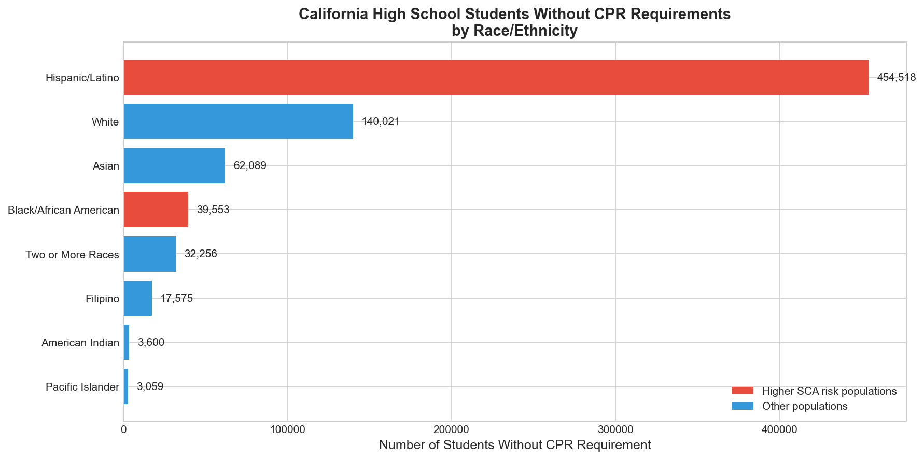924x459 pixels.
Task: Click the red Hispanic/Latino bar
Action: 496,77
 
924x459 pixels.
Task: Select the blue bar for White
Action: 238,121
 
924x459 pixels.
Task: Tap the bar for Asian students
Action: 174,165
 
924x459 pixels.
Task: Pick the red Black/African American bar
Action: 156,210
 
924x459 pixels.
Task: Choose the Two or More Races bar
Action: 150,254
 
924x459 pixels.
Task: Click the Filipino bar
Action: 138,298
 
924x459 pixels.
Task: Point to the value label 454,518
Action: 896,77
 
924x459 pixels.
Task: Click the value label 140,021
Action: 381,121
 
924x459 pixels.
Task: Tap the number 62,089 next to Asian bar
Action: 250,165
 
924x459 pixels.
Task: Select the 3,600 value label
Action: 151,342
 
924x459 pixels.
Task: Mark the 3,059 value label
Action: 150,386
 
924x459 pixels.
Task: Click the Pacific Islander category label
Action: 82,387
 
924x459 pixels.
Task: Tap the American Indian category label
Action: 80,343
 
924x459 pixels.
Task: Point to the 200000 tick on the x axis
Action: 451,429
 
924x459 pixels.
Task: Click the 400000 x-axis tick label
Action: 779,429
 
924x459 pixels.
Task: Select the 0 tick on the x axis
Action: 124,429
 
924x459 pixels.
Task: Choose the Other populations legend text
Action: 804,406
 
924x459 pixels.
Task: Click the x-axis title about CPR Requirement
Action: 515,445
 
